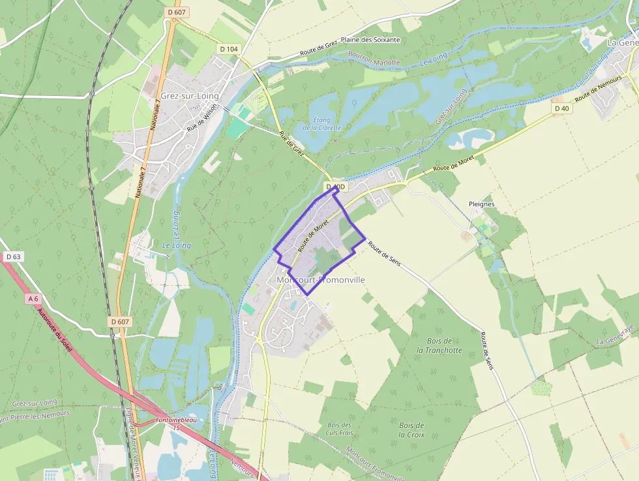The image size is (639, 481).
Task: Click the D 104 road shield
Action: tap(229, 48)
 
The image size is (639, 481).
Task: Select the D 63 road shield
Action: tap(13, 257)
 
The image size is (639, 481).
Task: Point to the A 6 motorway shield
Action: tap(33, 299)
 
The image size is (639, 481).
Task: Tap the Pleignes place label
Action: tap(481, 204)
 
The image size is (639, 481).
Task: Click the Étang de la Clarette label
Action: tap(321, 123)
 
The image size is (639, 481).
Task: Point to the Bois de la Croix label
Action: tap(411, 429)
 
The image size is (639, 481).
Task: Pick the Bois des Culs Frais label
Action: tap(339, 429)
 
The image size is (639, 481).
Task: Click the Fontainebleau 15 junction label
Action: tap(176, 424)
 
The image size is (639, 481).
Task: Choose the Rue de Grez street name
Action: tap(291, 145)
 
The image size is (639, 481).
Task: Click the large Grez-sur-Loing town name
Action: tap(189, 96)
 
